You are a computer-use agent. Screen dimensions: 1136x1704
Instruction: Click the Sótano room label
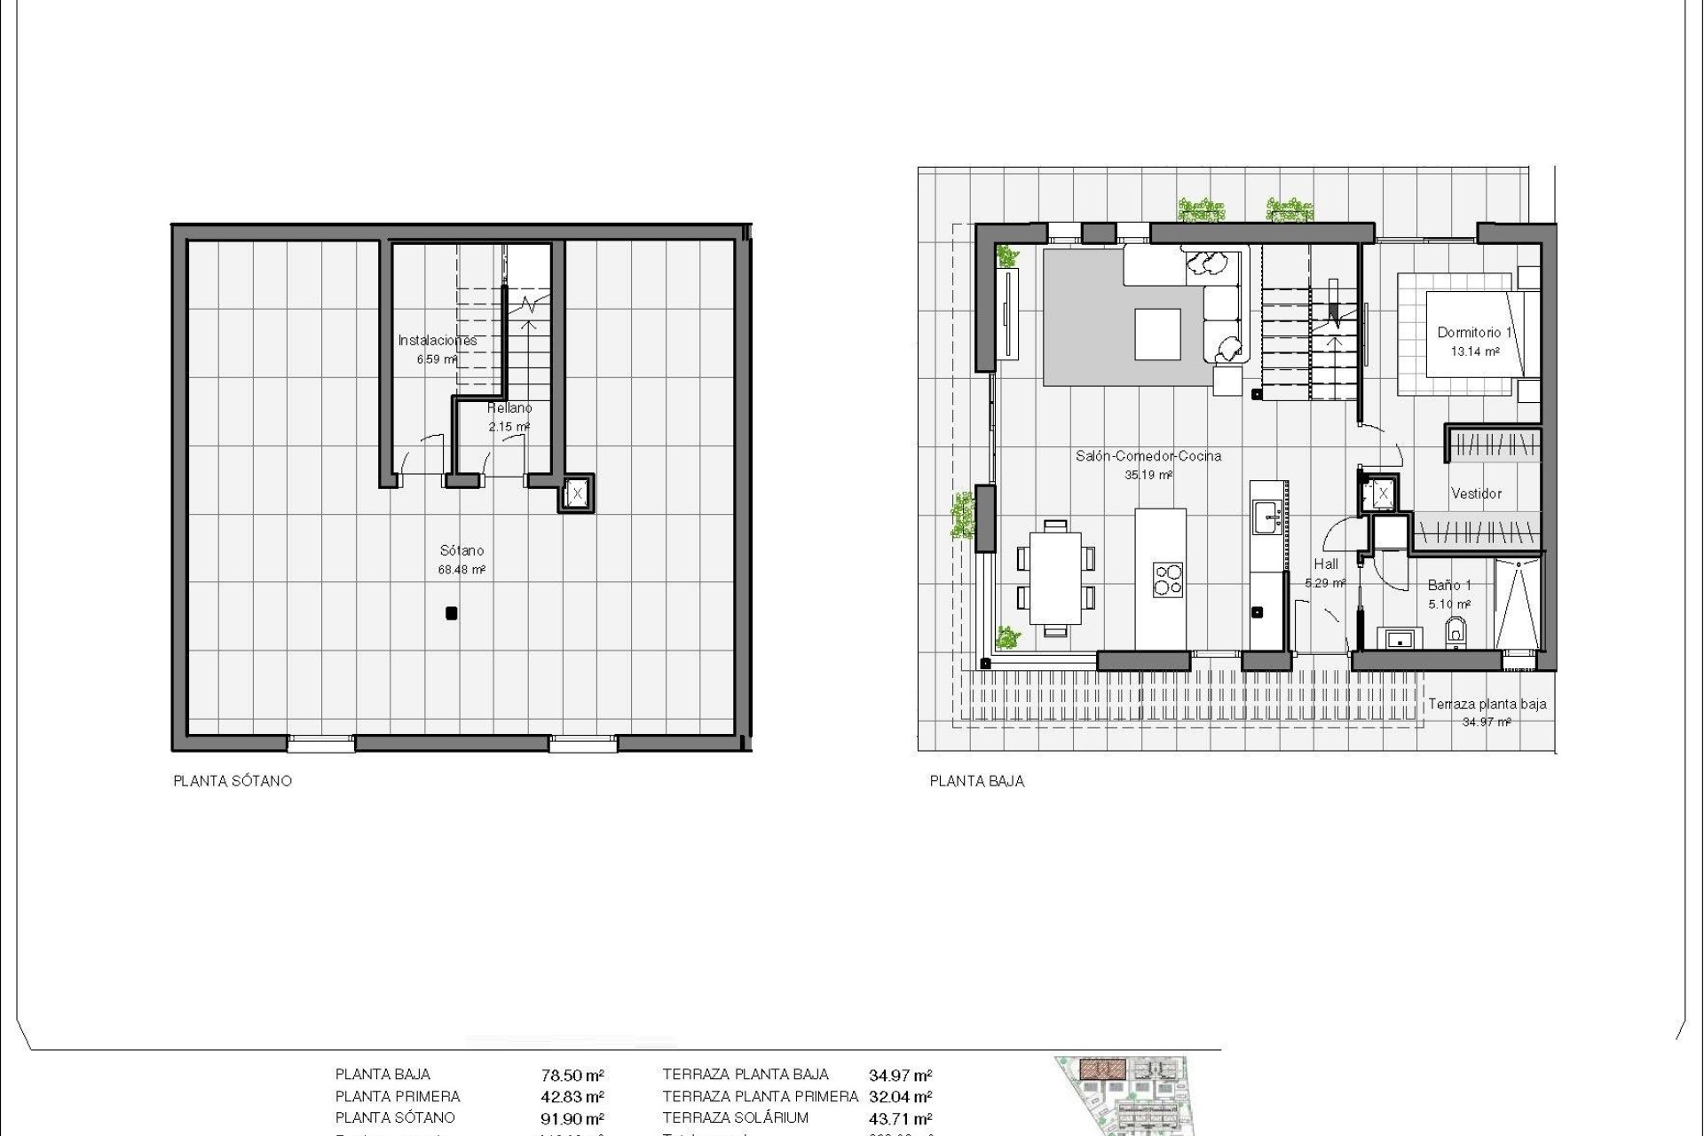tap(461, 550)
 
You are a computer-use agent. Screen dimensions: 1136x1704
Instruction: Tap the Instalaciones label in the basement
tap(437, 340)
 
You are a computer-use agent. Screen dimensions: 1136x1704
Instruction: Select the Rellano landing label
tap(509, 408)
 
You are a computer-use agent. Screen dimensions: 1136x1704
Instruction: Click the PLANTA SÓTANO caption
tap(233, 781)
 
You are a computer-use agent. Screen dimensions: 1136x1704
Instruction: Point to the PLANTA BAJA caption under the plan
tap(977, 781)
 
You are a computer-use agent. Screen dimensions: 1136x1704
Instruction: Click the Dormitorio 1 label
tap(1474, 333)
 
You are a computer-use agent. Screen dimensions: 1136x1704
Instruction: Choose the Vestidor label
tap(1476, 493)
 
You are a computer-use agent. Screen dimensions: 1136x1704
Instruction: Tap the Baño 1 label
tap(1449, 585)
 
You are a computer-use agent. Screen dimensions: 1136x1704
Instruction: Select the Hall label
tap(1326, 564)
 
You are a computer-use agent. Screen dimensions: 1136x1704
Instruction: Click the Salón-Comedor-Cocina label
tap(1148, 456)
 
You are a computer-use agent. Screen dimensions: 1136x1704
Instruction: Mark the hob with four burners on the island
tap(1167, 578)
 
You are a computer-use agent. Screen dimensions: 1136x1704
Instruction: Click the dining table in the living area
tap(1055, 578)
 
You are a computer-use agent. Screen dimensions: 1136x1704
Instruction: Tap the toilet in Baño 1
tap(1455, 632)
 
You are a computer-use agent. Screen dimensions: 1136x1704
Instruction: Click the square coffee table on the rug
tap(1158, 334)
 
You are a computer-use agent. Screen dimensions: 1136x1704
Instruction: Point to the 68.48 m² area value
tap(461, 570)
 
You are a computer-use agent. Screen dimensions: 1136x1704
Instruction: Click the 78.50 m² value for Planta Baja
tap(572, 1076)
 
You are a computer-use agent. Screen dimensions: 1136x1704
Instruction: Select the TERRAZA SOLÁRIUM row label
tap(735, 1118)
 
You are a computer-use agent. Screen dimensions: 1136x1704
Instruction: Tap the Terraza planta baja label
tap(1487, 704)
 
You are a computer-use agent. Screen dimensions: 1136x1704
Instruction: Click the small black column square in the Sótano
tap(452, 612)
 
